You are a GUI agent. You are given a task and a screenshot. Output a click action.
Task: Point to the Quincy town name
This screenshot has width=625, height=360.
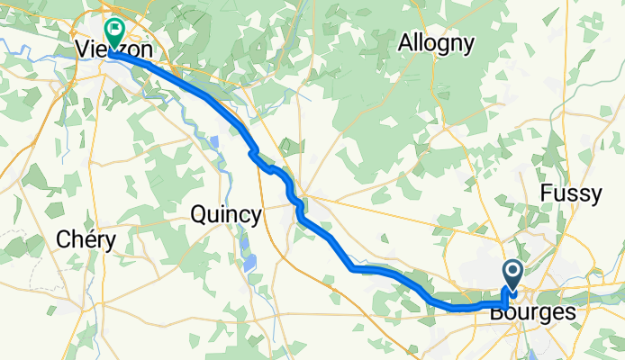pos(226,214)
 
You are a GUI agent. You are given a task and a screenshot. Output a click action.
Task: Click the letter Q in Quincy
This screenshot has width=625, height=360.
pos(200,214)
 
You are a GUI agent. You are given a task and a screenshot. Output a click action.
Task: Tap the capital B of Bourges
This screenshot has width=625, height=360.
pos(496,312)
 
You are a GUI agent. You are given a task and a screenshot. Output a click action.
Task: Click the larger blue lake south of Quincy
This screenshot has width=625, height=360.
pos(249,263)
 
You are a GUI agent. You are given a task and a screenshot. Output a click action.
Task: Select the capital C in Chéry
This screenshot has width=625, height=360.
pos(63,239)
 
